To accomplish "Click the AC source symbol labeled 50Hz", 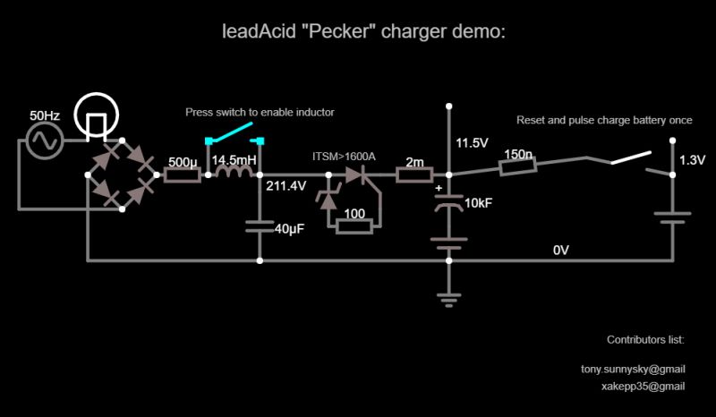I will [41, 141].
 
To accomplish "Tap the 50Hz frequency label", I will [45, 116].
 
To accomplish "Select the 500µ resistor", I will [183, 174].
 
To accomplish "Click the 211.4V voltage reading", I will [286, 187].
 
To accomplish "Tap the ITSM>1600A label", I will [344, 157].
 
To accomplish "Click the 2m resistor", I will [414, 174].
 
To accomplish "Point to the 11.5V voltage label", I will [472, 143].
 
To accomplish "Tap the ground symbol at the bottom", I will [447, 299].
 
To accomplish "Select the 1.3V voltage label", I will [692, 161].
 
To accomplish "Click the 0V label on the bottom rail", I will [561, 251].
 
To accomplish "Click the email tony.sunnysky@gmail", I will [633, 369].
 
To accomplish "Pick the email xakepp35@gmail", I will [644, 387].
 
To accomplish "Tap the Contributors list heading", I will [645, 340].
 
